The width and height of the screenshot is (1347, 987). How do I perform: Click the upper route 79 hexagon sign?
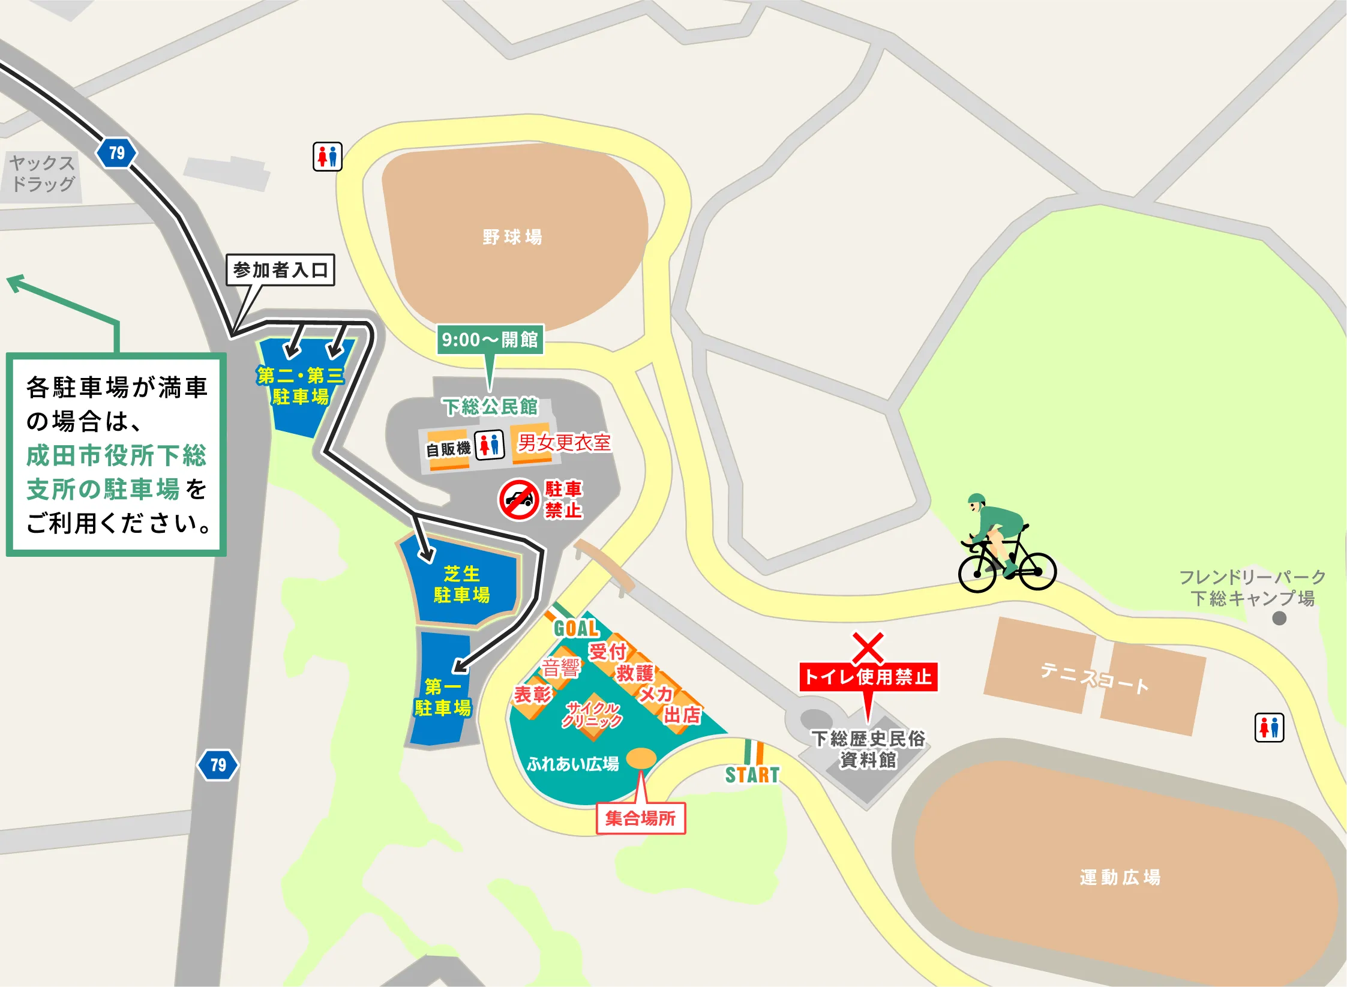click(116, 153)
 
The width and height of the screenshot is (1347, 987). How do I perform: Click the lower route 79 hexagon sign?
click(218, 765)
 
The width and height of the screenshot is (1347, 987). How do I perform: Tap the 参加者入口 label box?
click(280, 270)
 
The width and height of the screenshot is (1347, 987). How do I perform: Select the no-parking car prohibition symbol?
click(519, 499)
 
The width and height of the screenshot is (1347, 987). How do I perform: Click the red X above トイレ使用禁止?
click(868, 647)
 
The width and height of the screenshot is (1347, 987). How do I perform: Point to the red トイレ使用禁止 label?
click(868, 677)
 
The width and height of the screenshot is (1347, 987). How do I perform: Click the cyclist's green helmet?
click(976, 500)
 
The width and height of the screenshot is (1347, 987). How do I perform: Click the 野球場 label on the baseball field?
click(512, 237)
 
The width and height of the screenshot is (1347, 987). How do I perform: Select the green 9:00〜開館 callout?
click(490, 340)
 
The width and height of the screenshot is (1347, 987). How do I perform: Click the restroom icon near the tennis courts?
click(1269, 728)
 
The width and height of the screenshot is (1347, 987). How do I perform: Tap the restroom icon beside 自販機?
click(490, 445)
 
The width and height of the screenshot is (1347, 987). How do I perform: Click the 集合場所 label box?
click(640, 818)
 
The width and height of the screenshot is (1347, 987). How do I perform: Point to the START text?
click(752, 775)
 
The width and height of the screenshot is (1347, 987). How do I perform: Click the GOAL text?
click(576, 628)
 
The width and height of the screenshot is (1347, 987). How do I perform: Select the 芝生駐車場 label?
click(461, 584)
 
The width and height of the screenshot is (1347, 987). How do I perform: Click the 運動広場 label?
click(1120, 877)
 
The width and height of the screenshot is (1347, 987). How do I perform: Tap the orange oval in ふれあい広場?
click(641, 758)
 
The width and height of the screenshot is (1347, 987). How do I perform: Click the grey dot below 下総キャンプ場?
click(1279, 618)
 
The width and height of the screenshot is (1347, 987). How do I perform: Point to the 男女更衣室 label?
click(564, 443)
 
